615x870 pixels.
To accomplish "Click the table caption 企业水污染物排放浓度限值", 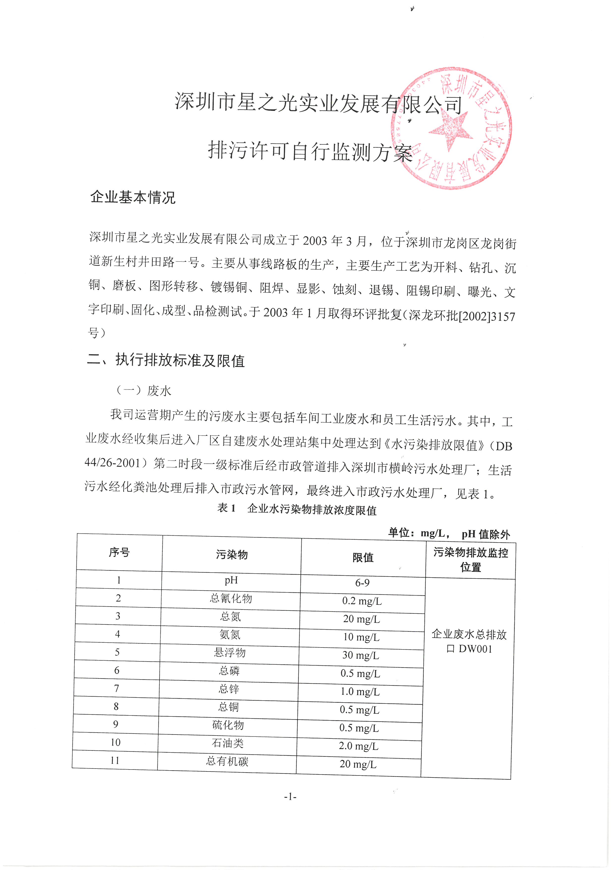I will [x=312, y=510].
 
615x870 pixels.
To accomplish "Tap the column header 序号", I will [x=119, y=552].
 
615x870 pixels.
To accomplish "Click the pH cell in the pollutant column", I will [x=231, y=580].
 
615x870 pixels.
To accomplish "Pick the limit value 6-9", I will [x=362, y=583].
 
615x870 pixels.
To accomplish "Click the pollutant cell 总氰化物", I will [x=231, y=598].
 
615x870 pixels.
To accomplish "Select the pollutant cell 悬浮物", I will [x=230, y=652].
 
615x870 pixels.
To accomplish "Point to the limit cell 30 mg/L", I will [x=361, y=655].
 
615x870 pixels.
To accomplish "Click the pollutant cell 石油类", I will [x=228, y=743].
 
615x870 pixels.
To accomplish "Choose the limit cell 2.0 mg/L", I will [x=359, y=746].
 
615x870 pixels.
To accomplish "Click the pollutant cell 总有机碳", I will [x=227, y=761].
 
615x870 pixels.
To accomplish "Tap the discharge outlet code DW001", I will [x=475, y=649].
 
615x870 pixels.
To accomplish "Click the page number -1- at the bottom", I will [x=290, y=797].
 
